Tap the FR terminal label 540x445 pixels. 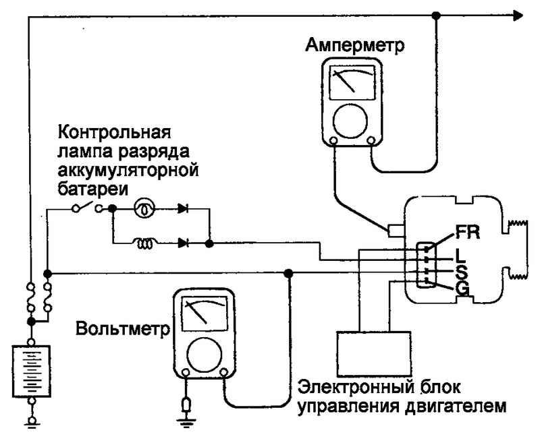tap(468, 232)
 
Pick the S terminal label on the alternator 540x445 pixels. tap(462, 272)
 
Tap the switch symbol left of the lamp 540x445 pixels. tap(88, 209)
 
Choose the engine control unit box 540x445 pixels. tap(373, 355)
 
